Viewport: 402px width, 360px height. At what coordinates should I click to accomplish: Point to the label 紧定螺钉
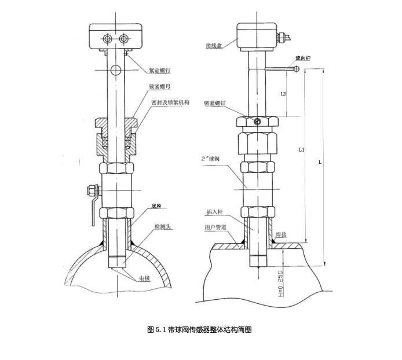(159, 71)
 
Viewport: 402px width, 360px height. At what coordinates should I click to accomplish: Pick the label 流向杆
(302, 58)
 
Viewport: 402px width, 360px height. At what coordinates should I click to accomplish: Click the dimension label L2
(283, 93)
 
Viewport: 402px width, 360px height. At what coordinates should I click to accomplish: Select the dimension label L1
(301, 149)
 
